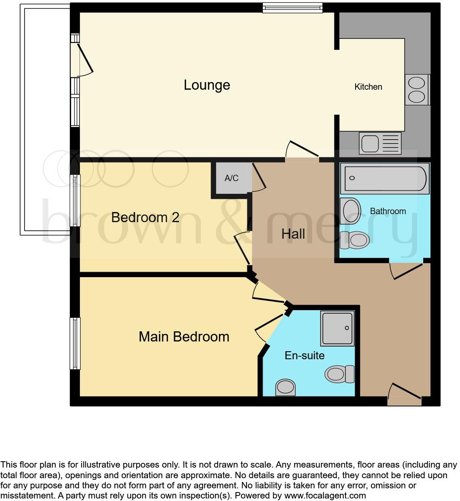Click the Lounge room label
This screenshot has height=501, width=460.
tap(207, 85)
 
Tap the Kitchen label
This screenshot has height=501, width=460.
tap(368, 87)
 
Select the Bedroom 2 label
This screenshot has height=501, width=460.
tap(145, 217)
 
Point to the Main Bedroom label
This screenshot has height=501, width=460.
tap(184, 337)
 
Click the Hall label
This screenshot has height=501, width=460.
tap(293, 234)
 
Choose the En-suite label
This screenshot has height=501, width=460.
tap(304, 355)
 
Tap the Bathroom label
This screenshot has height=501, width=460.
tap(388, 211)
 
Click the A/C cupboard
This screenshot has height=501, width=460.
tap(231, 179)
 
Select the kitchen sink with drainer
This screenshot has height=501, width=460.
tap(380, 143)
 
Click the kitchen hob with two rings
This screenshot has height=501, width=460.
tap(416, 90)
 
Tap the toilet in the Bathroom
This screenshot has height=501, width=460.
tap(355, 240)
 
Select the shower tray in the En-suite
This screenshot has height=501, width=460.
tap(337, 328)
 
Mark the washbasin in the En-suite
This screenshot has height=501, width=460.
tap(285, 387)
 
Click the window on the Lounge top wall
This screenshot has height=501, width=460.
tap(292, 7)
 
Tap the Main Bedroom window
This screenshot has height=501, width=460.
tap(75, 343)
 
